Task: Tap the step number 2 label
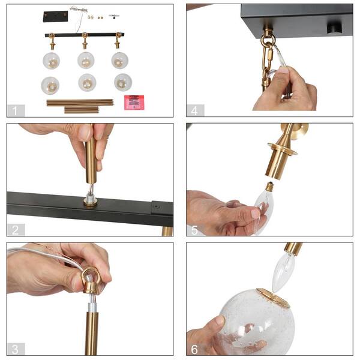(x=16, y=230)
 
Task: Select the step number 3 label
(x=15, y=349)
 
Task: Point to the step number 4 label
(x=194, y=111)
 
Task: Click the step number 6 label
(x=194, y=349)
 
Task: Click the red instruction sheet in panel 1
(x=134, y=103)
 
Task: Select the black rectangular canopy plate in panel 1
(x=56, y=17)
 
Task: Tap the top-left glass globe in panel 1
(x=52, y=61)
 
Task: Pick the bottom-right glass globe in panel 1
(x=123, y=82)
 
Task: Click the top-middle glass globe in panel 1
(x=86, y=60)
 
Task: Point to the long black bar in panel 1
(x=85, y=35)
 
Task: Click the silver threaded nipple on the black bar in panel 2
(x=90, y=199)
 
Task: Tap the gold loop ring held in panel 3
(x=91, y=279)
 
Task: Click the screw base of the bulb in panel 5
(x=269, y=187)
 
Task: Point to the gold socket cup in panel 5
(x=278, y=163)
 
